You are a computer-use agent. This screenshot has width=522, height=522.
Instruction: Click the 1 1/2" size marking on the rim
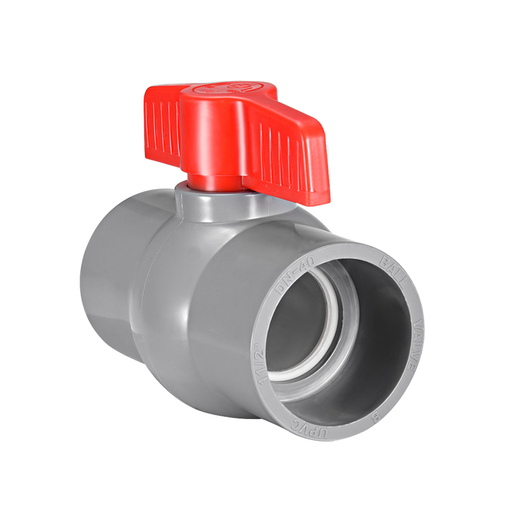[x=260, y=359]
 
